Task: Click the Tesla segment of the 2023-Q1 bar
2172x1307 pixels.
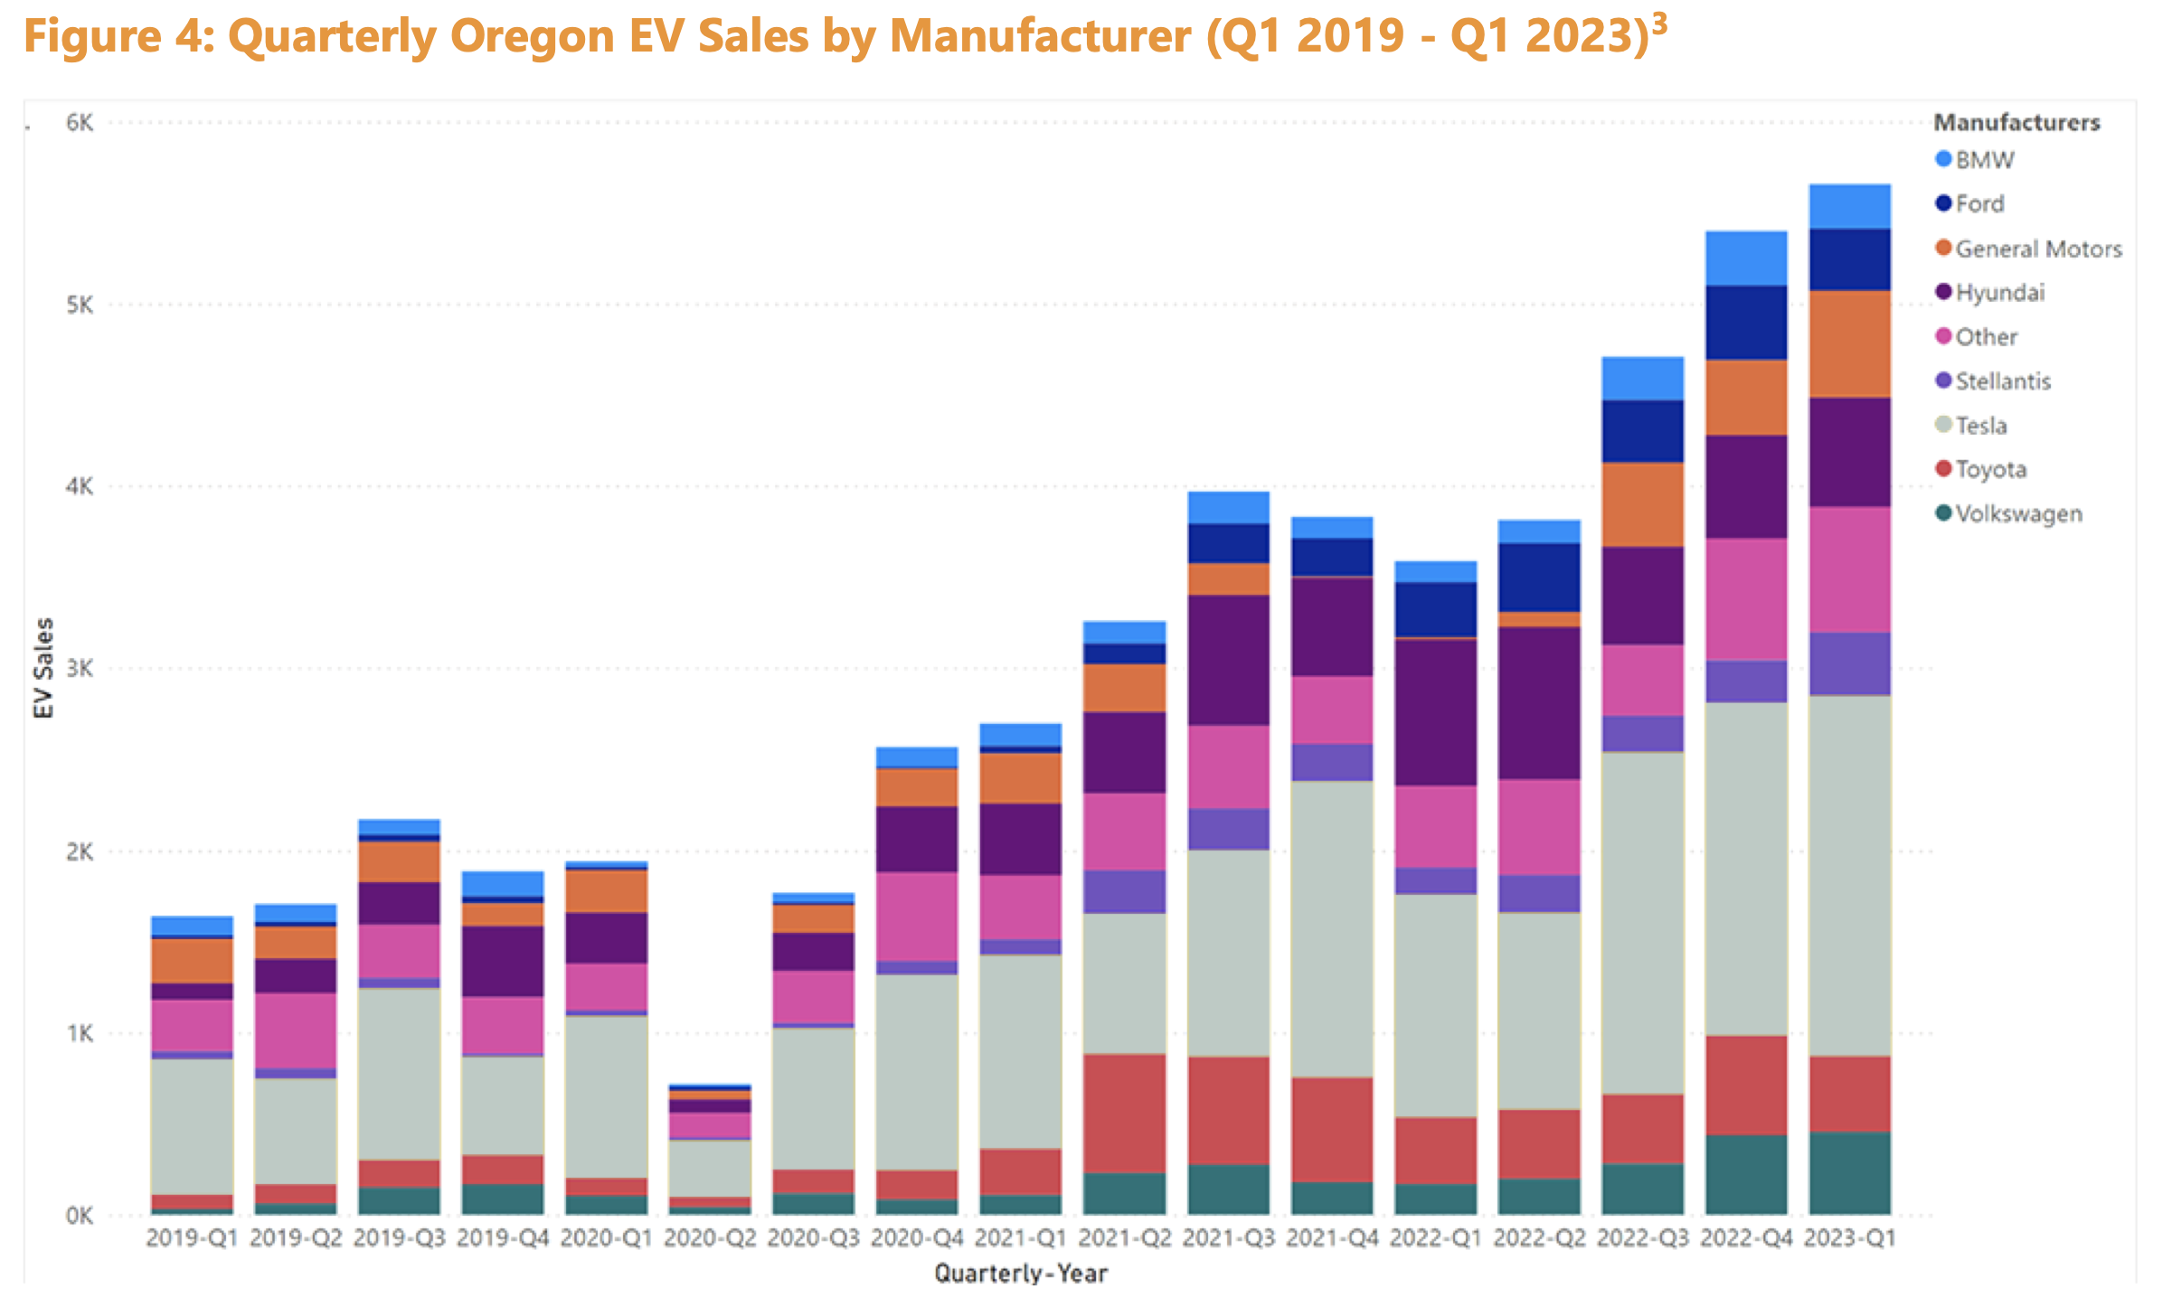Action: (x=1849, y=875)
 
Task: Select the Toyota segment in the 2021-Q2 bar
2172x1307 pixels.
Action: (x=1125, y=1113)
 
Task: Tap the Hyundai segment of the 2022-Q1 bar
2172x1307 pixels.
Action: (x=1435, y=711)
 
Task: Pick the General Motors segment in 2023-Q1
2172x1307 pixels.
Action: (x=1849, y=343)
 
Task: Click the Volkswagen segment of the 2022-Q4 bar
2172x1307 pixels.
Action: (x=1745, y=1174)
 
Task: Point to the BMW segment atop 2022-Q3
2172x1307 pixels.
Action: (x=1642, y=379)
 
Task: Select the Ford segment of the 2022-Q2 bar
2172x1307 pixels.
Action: (x=1539, y=578)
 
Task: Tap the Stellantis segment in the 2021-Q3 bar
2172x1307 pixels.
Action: (x=1228, y=829)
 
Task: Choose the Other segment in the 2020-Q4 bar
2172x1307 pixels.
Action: (x=917, y=917)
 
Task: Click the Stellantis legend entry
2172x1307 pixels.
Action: (x=2002, y=381)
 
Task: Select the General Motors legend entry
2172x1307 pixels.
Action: (x=2037, y=249)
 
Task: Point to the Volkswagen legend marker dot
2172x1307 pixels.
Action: (x=1943, y=513)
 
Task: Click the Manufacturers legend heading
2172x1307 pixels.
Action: (x=2016, y=123)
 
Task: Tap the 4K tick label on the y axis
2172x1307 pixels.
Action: (x=80, y=486)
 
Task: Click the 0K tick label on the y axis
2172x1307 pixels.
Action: (x=80, y=1216)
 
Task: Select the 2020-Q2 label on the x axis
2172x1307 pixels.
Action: (x=710, y=1238)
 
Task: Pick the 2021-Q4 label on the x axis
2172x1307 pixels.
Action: (x=1331, y=1238)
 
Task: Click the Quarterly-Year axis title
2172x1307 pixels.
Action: (x=1021, y=1274)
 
